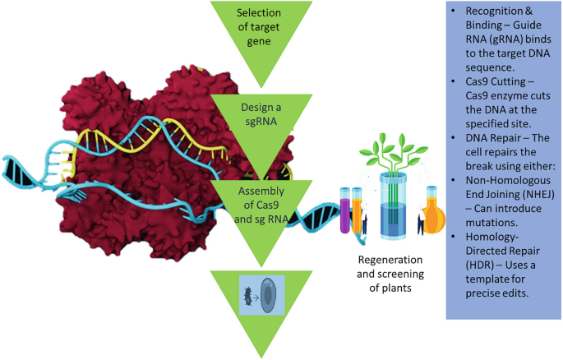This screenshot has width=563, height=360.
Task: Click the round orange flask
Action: click(434, 221)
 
